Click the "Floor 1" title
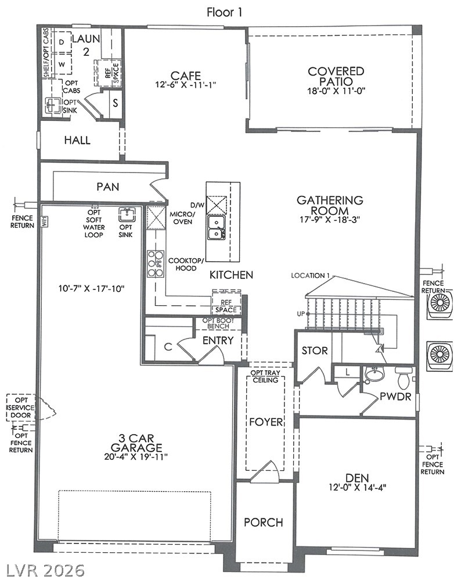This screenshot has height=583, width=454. [224, 12]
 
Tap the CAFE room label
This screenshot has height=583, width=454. [185, 76]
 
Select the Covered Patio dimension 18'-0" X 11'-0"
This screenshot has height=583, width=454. [336, 91]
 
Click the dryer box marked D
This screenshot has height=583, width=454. [62, 42]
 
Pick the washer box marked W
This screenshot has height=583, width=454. [62, 64]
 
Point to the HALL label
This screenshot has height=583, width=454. [77, 140]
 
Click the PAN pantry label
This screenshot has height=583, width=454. [107, 186]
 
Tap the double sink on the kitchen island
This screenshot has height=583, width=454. [217, 228]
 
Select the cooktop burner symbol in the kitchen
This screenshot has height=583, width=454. [156, 264]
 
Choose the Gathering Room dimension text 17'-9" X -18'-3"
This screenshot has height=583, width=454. [330, 220]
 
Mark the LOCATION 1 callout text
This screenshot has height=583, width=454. [311, 276]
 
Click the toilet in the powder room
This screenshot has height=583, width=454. [403, 377]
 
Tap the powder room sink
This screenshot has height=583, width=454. [375, 374]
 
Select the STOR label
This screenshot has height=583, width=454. [315, 350]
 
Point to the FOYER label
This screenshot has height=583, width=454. [266, 422]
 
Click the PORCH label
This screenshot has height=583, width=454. [264, 523]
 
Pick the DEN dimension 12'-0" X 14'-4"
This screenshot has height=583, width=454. [358, 488]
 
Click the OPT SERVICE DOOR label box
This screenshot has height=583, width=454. [21, 407]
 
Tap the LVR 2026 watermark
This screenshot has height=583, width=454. [43, 571]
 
